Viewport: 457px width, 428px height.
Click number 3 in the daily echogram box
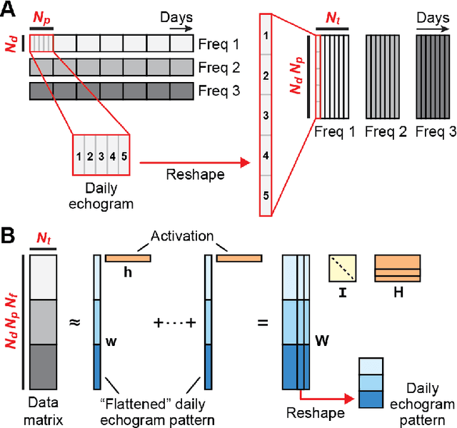tap(101, 156)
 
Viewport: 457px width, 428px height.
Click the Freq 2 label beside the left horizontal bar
tap(217, 68)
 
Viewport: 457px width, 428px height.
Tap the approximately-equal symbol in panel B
tap(74, 322)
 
